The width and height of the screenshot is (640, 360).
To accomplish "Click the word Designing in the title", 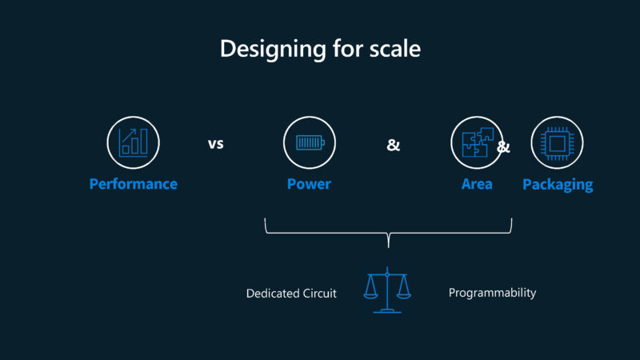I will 268,49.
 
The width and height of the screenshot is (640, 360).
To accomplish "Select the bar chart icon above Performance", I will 133,142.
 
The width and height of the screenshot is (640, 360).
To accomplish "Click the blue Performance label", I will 133,184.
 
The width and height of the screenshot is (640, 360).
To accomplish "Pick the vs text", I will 215,145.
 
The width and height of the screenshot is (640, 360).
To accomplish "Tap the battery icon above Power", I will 309,142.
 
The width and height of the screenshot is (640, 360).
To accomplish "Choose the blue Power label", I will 309,184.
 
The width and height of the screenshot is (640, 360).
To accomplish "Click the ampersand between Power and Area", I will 393,145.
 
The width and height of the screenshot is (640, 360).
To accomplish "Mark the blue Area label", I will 477,184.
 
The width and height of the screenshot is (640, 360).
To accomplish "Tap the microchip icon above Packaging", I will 557,142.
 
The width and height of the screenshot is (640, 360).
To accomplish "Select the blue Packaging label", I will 558,184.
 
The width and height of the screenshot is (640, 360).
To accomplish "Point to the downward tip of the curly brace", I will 388,244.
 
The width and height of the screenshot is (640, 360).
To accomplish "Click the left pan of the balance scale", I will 371,294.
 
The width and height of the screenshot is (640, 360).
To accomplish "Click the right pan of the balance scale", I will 404,294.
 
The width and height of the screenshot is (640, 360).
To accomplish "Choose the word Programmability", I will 492,293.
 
